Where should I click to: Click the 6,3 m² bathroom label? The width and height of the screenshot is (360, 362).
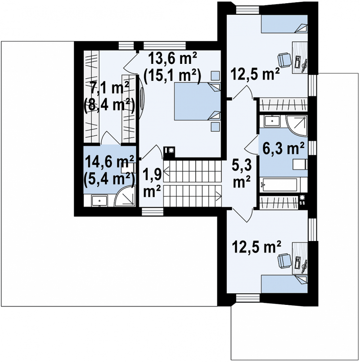[283, 148]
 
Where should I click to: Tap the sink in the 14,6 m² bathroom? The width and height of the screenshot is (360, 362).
[99, 201]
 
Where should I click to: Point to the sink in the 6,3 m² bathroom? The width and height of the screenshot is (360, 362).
[272, 121]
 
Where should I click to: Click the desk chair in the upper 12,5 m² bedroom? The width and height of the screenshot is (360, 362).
[284, 60]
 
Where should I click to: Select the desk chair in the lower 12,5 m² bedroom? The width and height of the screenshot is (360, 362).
[284, 261]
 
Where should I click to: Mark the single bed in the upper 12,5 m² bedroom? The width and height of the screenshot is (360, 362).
[284, 24]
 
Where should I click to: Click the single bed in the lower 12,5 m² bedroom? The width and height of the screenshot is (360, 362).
[284, 283]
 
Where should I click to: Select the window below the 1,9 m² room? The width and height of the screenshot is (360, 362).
[153, 211]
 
